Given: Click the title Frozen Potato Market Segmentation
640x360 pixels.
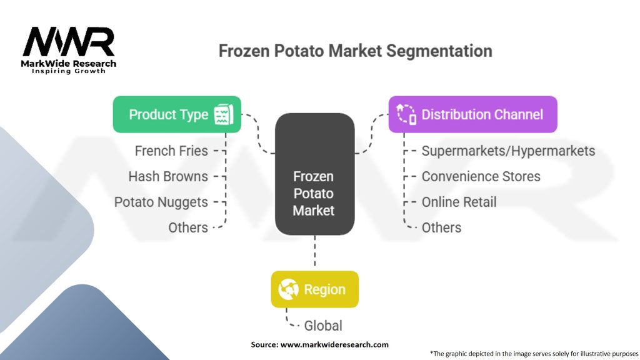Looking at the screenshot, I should tap(355, 51).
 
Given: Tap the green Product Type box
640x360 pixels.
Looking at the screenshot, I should tap(177, 114).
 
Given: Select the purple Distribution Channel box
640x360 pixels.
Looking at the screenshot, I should tap(472, 114).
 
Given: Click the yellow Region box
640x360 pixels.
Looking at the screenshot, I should tap(314, 289).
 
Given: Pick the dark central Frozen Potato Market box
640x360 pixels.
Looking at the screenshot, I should tap(314, 174).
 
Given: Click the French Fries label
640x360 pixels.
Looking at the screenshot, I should tap(171, 151).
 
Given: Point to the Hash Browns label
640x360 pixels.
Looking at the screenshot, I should tap(168, 176).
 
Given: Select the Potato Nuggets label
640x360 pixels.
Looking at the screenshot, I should tap(161, 202).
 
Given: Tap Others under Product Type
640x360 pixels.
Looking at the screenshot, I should tap(188, 227).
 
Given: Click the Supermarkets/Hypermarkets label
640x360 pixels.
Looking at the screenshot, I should tap(508, 151).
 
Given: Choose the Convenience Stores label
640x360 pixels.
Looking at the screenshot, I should tap(481, 176).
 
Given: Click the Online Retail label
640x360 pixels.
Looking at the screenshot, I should tap(459, 202).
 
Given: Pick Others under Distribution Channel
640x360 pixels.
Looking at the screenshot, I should tap(441, 227).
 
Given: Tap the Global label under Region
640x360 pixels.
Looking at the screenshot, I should tap(323, 326).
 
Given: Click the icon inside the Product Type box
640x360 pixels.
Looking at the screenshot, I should tap(224, 114).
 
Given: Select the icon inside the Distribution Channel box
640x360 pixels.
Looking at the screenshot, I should tap(406, 114).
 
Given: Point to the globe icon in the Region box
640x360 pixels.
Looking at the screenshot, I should tap(289, 289).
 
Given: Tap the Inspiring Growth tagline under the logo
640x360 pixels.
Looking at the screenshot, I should tap(69, 71).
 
